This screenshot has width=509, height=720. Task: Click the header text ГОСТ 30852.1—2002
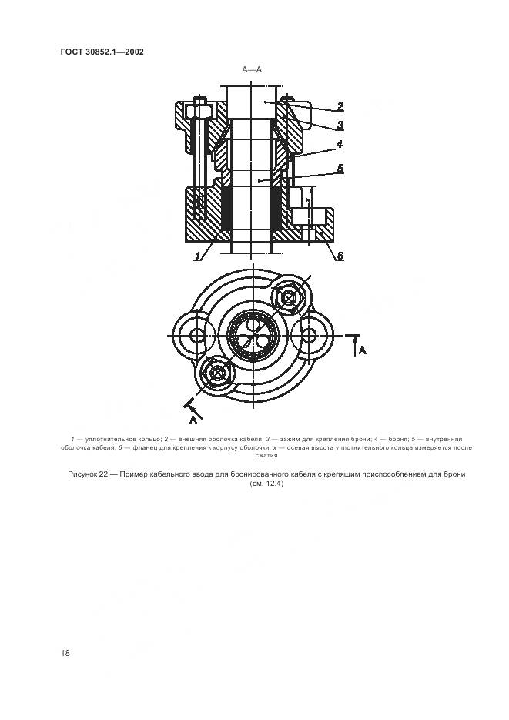(102, 52)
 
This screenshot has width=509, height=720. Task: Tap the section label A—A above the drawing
(252, 70)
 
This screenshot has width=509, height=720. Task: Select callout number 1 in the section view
(198, 256)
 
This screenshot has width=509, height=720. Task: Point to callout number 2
(340, 106)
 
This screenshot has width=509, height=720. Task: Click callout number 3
(340, 125)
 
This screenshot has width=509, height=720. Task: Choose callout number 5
(340, 169)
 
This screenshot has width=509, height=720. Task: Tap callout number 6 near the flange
(340, 256)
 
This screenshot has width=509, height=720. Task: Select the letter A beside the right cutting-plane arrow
(362, 350)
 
